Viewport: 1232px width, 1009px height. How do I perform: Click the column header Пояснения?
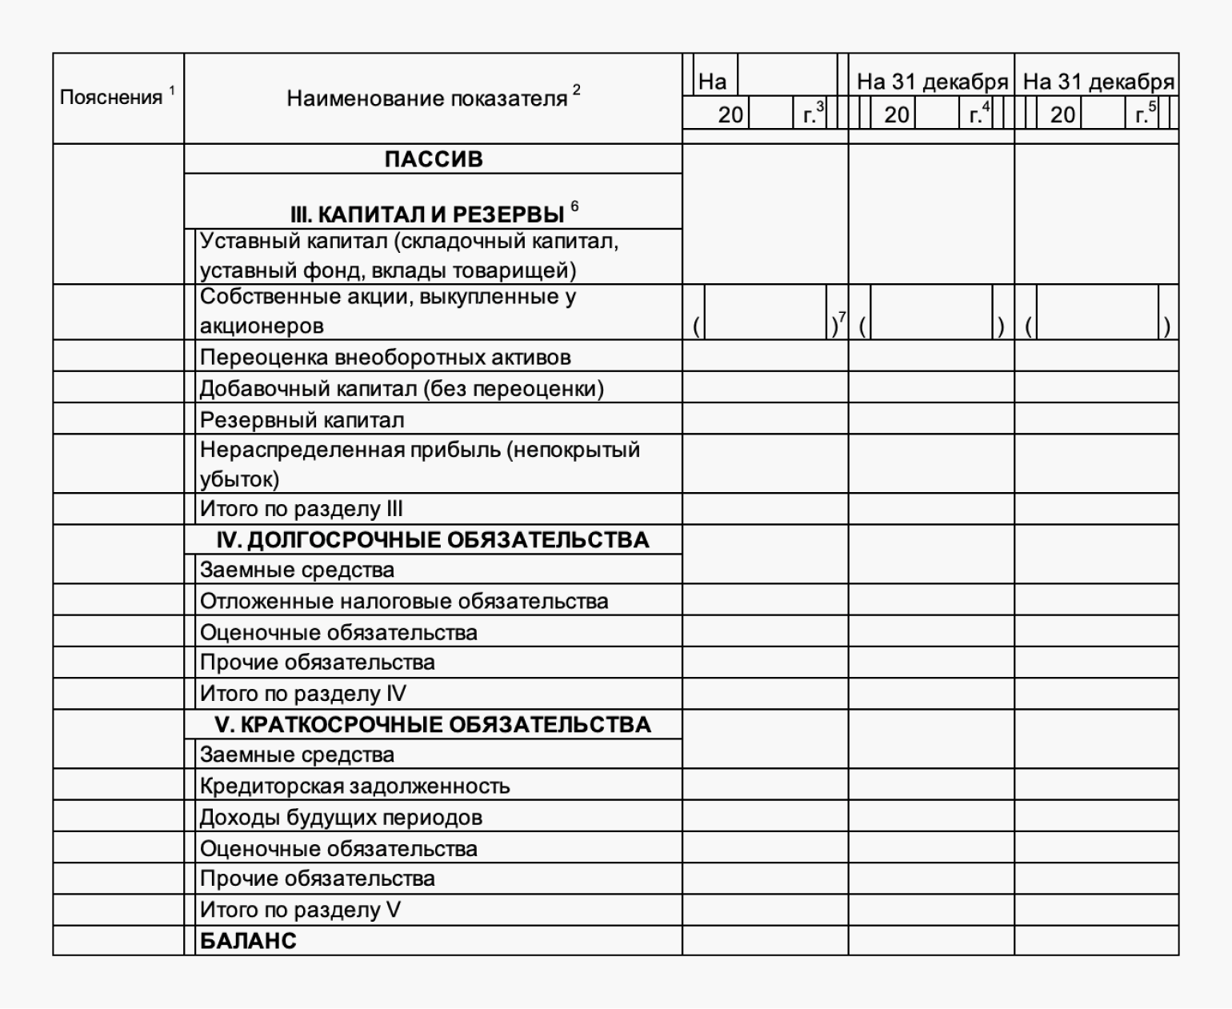coord(111,98)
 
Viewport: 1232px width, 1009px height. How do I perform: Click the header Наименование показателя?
coord(426,99)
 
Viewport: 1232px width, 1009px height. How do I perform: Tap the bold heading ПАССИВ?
coord(434,159)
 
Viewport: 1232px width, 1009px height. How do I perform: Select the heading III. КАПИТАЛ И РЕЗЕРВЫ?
coord(426,214)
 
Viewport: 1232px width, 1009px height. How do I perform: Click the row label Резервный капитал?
coord(302,420)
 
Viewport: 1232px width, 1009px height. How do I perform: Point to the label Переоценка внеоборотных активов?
coord(385,357)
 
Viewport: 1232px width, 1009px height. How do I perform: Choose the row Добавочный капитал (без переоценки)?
coord(402,389)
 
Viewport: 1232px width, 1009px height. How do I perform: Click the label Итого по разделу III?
coord(301,509)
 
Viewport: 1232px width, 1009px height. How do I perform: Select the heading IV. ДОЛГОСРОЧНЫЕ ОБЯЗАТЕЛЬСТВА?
coord(433,540)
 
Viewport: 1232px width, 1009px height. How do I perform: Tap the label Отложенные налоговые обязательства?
coord(404,601)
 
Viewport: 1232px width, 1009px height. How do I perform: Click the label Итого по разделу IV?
coord(303,694)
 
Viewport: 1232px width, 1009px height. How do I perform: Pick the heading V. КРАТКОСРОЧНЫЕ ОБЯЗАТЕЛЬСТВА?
coord(433,725)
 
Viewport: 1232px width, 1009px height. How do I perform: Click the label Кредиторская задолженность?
coord(354,786)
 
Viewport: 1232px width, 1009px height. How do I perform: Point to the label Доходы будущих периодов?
coord(341,818)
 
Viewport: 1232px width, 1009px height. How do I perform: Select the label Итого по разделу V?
coord(300,910)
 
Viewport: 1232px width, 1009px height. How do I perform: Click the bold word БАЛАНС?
coord(248,941)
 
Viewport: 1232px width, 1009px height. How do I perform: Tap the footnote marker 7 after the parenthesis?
coord(842,317)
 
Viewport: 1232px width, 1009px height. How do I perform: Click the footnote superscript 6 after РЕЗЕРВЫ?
coord(574,206)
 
